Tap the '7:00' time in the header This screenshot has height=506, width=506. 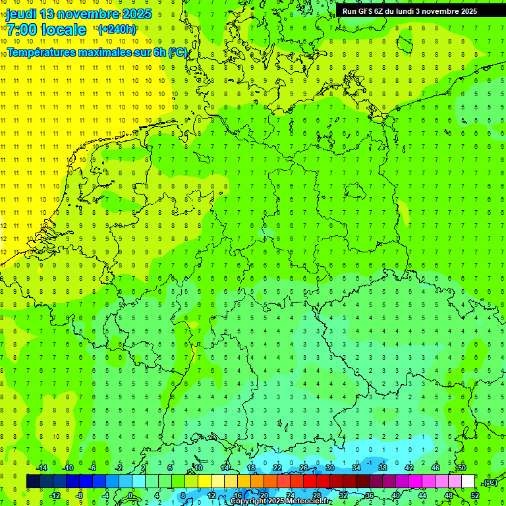point(21,30)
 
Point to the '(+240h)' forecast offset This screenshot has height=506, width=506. point(117,30)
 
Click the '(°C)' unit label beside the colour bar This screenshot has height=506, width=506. point(489,482)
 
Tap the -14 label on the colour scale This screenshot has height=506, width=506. point(42,468)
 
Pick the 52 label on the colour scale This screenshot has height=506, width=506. point(475,495)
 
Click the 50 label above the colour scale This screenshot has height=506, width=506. point(462,468)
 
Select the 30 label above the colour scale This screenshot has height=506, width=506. point(330,468)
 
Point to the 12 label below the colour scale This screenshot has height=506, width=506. point(211,495)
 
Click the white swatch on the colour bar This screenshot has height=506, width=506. point(468,482)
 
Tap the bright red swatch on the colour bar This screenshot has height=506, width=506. point(310,482)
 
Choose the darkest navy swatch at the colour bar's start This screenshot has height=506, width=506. point(33,482)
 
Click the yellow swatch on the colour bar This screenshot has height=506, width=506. point(205,482)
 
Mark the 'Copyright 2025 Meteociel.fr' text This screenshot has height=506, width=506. point(280,501)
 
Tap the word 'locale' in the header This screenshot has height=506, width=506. point(63,30)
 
